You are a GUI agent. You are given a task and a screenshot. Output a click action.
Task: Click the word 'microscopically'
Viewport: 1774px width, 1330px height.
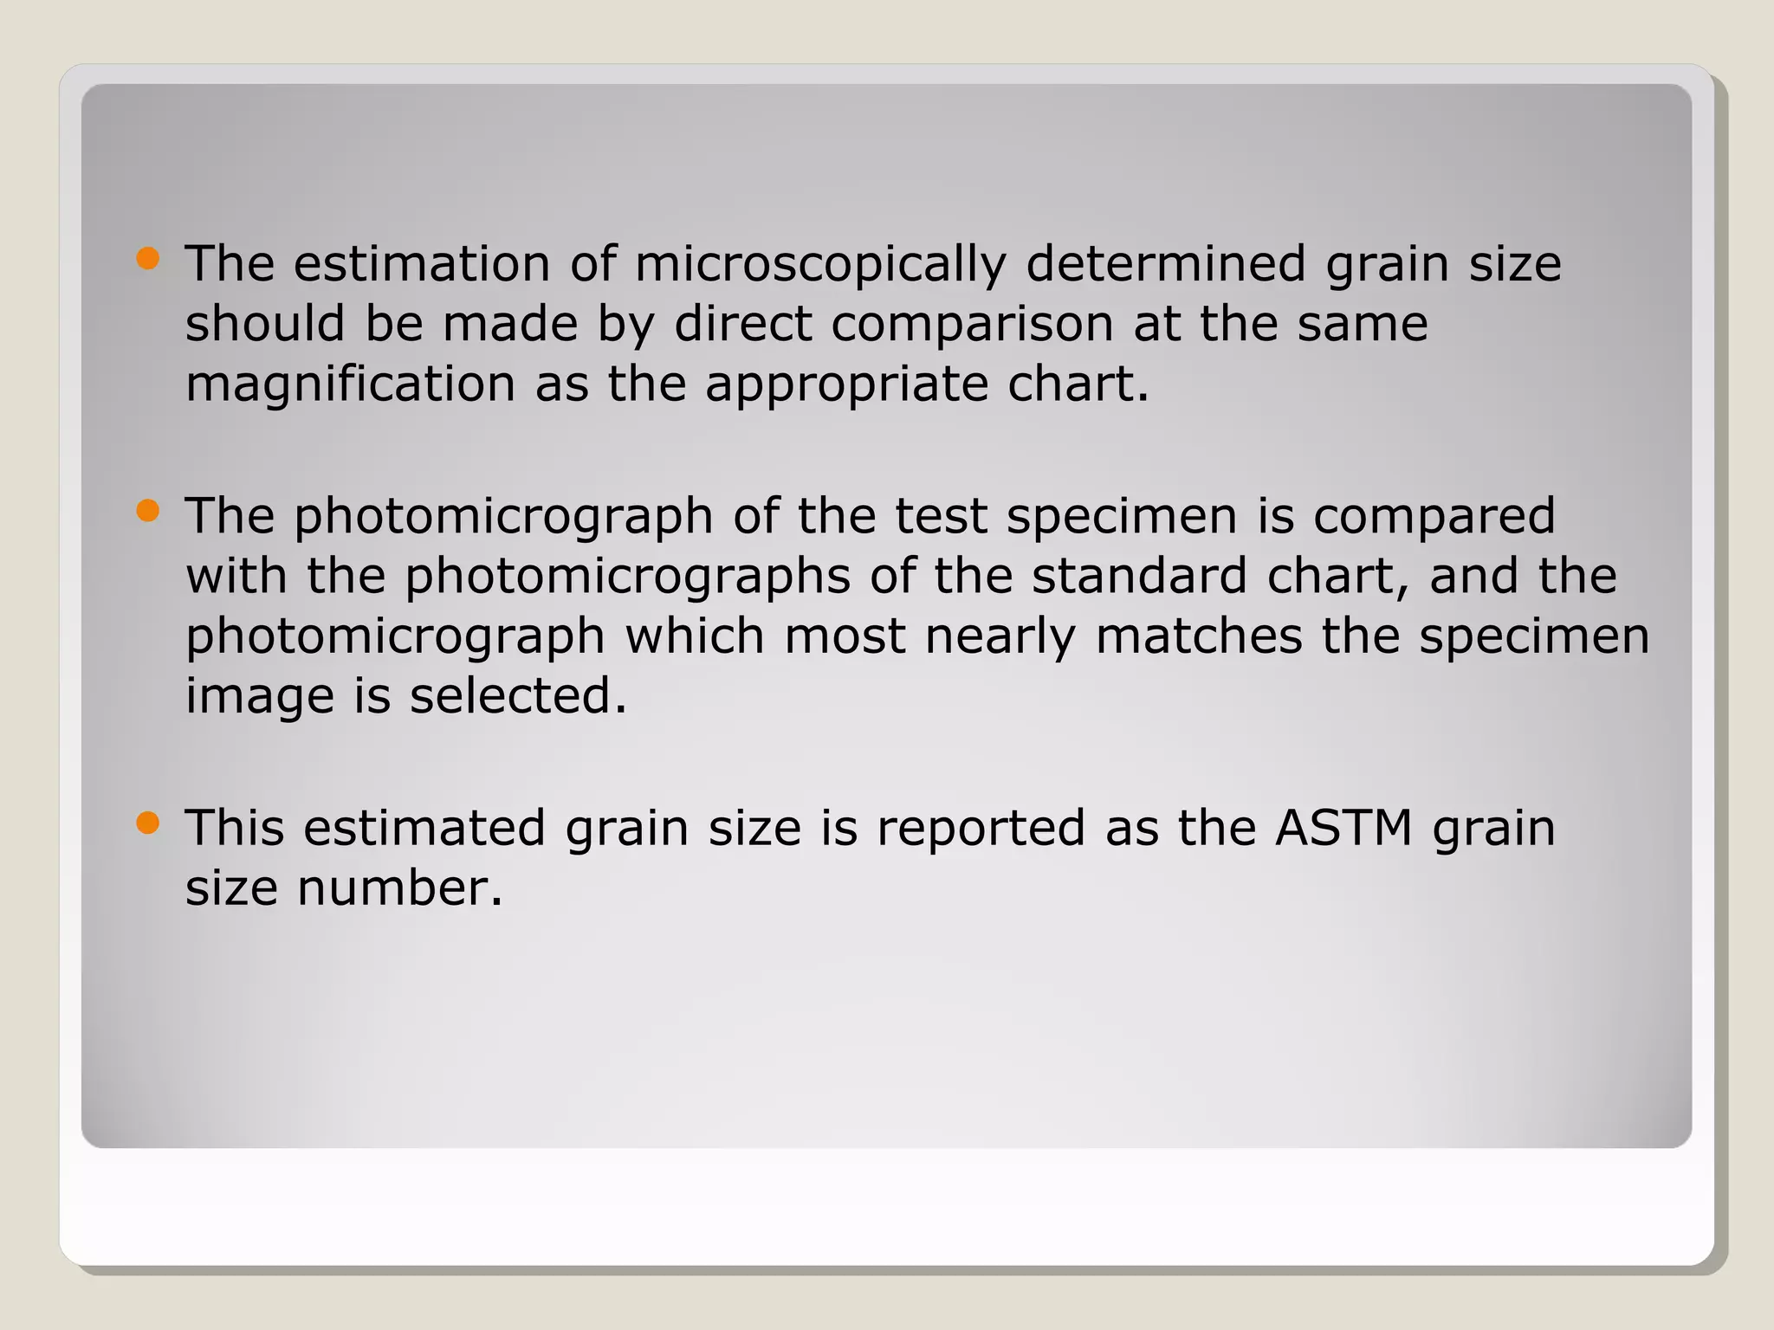click(x=820, y=264)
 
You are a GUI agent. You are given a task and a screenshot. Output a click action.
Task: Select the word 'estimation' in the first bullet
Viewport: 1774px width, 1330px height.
click(x=422, y=264)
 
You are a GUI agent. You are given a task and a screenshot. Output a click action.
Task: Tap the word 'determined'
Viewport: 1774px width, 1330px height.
click(x=1165, y=264)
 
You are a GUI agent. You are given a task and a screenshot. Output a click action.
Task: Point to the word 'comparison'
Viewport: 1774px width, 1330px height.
click(x=972, y=325)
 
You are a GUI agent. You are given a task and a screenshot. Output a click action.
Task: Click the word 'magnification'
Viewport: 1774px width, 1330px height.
click(x=351, y=384)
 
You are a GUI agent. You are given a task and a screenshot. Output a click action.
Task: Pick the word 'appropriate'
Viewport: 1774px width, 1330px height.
click(x=846, y=384)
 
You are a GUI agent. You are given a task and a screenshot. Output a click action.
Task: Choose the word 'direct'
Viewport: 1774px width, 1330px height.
click(x=742, y=325)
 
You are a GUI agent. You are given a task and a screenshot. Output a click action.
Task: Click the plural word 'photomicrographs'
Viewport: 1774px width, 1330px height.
click(x=628, y=577)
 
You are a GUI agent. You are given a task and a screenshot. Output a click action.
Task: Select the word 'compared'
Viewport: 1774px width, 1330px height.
click(x=1434, y=517)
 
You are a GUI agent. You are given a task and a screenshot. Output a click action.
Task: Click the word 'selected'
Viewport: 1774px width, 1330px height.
click(x=518, y=696)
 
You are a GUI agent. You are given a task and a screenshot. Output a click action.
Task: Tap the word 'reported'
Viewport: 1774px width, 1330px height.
click(x=981, y=829)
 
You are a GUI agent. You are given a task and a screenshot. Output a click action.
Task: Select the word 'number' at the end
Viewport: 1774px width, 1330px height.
click(x=399, y=888)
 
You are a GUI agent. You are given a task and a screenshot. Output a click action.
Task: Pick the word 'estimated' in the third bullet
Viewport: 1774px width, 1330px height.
click(x=424, y=829)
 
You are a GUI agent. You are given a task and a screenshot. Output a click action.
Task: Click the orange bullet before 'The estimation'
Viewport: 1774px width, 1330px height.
click(x=148, y=259)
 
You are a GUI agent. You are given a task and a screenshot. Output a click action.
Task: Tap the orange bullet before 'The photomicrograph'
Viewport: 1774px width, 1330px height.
click(x=148, y=511)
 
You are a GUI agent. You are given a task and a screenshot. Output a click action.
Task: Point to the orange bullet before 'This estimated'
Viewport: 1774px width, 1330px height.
click(x=148, y=823)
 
